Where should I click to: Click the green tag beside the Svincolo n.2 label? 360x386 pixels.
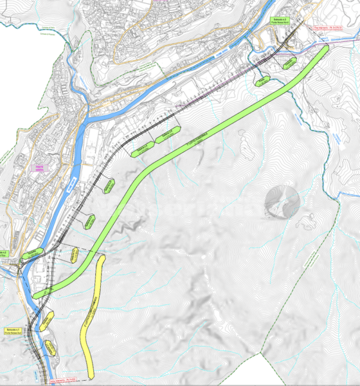[x=30, y=254]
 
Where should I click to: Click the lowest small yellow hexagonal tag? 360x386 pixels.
[x=51, y=351]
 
